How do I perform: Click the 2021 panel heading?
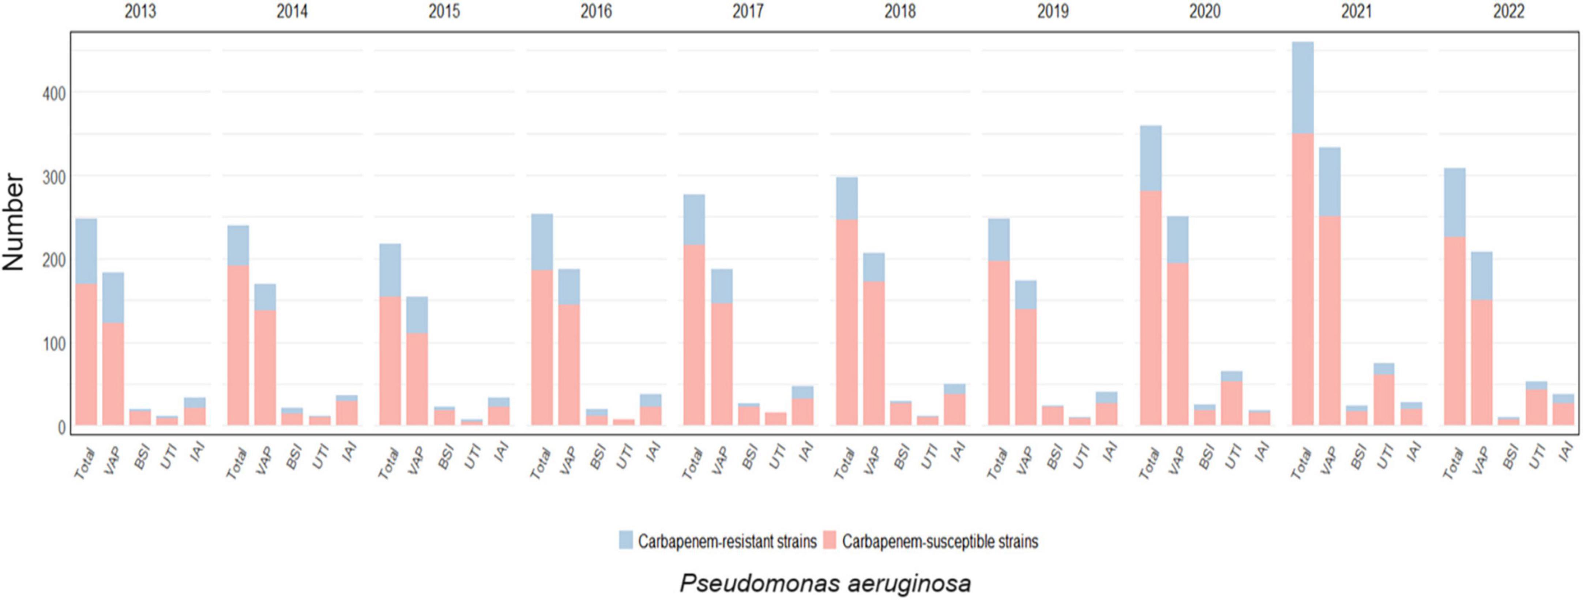click(x=1356, y=11)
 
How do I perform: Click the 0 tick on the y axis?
click(x=61, y=427)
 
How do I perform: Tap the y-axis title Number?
click(x=14, y=222)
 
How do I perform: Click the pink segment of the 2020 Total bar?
click(x=1151, y=307)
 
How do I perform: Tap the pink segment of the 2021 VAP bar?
click(x=1330, y=319)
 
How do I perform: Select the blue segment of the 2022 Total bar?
click(x=1455, y=203)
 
